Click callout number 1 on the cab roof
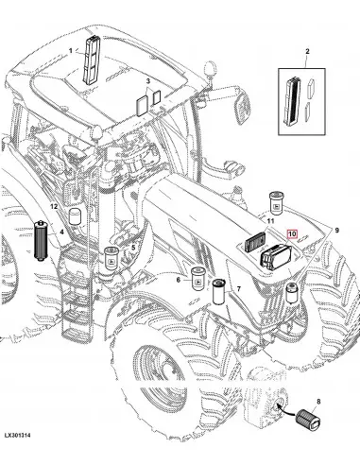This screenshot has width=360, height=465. [71, 50]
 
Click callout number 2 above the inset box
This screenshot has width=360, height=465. [307, 51]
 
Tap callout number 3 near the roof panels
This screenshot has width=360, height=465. [148, 81]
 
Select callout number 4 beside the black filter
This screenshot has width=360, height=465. [61, 232]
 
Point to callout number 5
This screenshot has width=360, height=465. [133, 248]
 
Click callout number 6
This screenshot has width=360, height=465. [179, 279]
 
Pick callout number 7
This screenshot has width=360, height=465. [239, 288]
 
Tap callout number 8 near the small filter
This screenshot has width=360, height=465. [318, 402]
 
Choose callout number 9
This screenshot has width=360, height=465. [336, 231]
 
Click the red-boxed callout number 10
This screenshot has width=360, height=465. [292, 233]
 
